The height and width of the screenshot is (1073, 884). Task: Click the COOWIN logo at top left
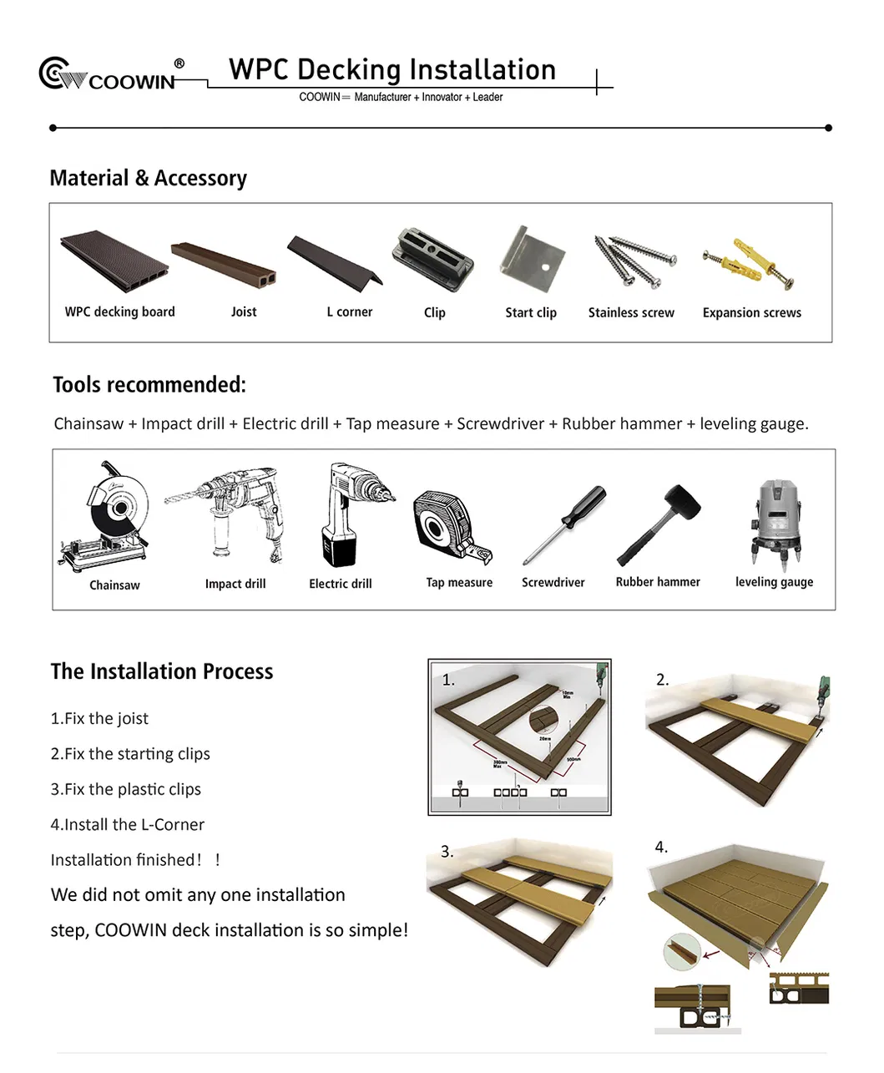click(x=109, y=74)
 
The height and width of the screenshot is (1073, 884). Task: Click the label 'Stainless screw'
click(x=631, y=313)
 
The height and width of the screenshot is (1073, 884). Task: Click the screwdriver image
click(x=564, y=524)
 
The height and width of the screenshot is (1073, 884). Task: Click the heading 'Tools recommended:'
click(x=149, y=385)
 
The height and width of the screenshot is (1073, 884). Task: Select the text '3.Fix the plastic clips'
click(x=125, y=789)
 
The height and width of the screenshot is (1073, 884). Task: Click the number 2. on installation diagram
click(x=663, y=680)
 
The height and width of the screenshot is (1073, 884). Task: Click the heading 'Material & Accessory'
click(x=149, y=178)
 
